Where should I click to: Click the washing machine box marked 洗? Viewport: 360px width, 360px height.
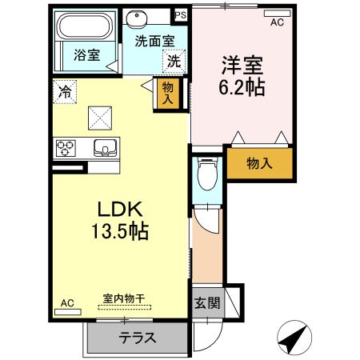173,59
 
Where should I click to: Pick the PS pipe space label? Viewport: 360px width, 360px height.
180,14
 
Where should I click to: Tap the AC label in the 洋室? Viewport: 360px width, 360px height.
277,22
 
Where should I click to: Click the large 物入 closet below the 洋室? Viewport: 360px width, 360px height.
258,163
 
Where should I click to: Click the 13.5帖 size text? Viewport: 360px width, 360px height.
120,232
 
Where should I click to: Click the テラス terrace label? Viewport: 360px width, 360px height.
137,338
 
